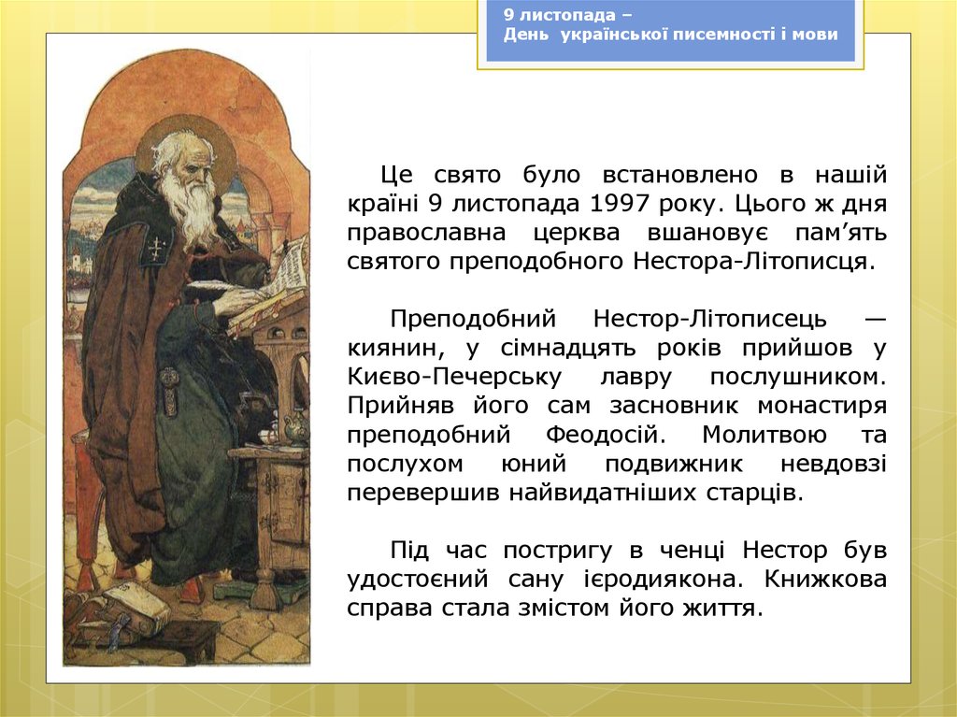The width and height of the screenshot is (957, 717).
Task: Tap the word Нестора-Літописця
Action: coord(754,262)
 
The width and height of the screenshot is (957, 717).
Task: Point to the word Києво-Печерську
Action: coord(454,377)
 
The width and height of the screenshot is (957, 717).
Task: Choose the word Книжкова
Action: coord(825,579)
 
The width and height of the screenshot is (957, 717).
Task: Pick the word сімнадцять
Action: coord(567,349)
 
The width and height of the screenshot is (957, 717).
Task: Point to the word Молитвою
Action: coord(764,435)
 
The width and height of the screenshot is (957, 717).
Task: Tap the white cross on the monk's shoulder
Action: coord(157,248)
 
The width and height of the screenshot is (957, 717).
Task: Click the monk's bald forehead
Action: coord(183,149)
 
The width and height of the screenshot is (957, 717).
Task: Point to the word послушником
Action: coord(798,377)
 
